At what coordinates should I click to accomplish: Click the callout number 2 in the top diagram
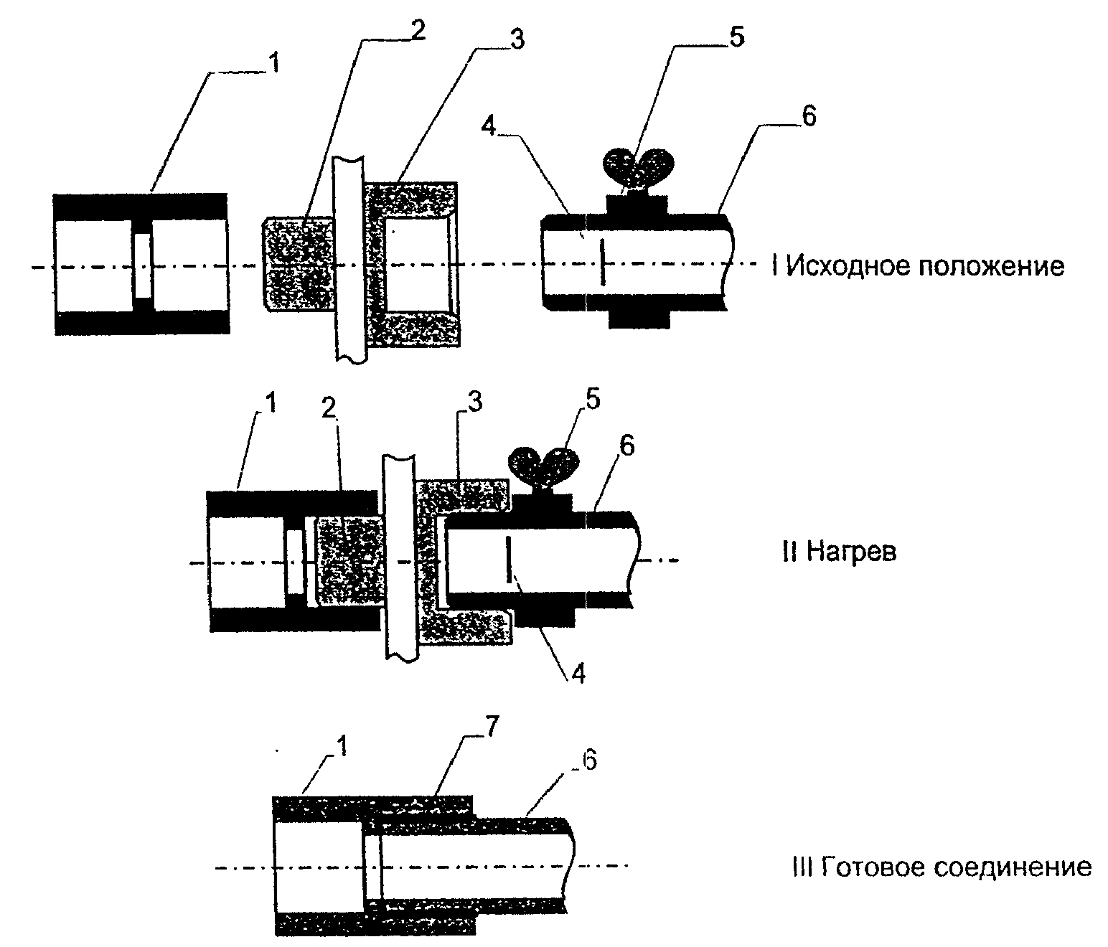417,31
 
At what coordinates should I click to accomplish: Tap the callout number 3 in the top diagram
517,39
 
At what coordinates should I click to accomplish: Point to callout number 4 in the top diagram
488,126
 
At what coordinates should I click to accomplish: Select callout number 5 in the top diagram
737,37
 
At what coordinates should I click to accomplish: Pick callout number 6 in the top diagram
809,116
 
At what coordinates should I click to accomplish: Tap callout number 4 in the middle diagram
578,674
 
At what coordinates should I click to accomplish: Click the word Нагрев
851,552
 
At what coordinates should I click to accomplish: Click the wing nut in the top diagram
638,167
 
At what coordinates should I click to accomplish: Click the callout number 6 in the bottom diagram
589,760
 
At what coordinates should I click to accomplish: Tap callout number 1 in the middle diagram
271,402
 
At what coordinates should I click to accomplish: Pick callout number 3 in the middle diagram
475,402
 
